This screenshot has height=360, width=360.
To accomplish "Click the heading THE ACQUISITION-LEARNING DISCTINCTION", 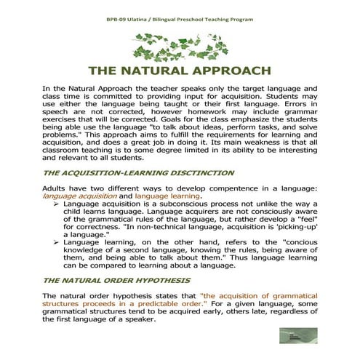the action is [x=128, y=173].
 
